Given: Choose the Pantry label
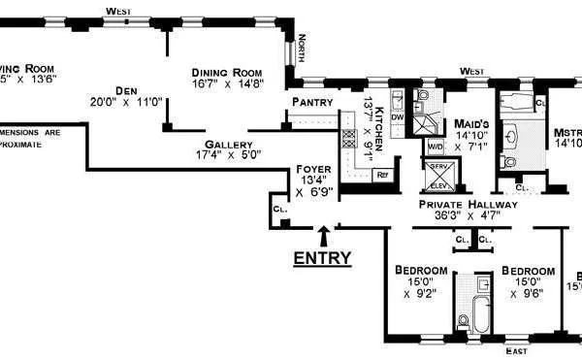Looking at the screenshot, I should pyautogui.click(x=311, y=102).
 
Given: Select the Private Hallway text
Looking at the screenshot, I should pyautogui.click(x=468, y=205).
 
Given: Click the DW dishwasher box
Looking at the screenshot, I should pyautogui.click(x=398, y=117).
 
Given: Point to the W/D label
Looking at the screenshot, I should pyautogui.click(x=434, y=147).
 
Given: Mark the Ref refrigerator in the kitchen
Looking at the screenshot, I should pyautogui.click(x=382, y=175).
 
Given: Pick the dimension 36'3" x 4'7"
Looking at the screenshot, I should pyautogui.click(x=468, y=217).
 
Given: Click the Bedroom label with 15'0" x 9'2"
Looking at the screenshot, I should pyautogui.click(x=421, y=271).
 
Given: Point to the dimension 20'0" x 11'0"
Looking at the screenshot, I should pyautogui.click(x=125, y=100).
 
